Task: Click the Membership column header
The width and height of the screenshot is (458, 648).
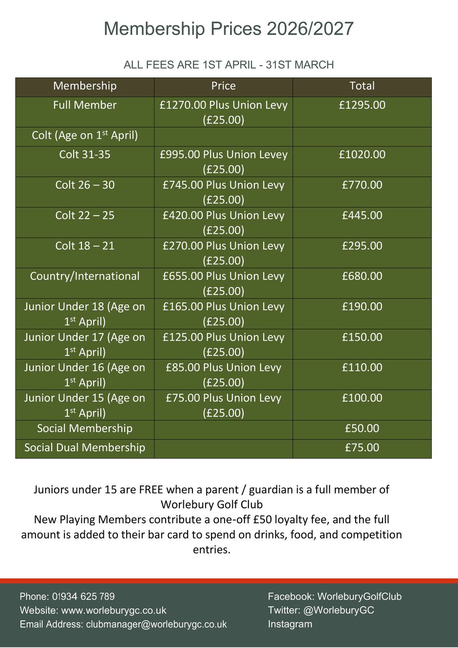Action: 85,86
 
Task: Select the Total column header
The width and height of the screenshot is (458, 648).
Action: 362,86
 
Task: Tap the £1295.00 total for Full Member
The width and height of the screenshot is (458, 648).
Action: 362,105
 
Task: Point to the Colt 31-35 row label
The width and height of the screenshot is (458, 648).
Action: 85,155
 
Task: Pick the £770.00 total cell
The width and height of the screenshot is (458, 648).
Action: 362,185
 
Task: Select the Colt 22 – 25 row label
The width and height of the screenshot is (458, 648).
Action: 85,216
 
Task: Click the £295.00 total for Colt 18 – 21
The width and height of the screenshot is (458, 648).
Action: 362,246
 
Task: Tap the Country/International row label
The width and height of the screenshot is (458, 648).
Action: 85,277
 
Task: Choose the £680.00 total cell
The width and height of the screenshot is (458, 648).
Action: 362,277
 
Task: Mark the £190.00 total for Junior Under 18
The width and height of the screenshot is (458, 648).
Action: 362,307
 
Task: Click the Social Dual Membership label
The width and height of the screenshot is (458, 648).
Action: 85,448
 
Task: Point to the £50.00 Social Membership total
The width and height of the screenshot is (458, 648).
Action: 362,428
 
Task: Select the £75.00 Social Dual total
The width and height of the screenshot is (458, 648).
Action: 362,448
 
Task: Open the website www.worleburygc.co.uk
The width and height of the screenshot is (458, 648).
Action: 114,611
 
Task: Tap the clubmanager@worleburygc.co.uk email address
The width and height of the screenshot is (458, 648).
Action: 156,624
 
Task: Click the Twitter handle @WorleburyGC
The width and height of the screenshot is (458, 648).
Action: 339,610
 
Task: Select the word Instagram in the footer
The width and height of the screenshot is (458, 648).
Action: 290,624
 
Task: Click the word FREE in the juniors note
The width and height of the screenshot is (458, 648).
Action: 151,490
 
